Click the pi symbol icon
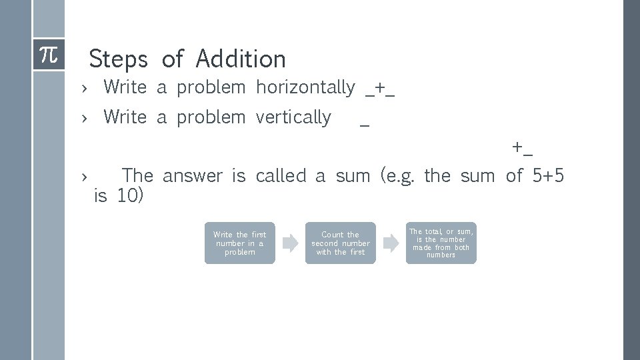point(49,54)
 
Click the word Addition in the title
point(241,59)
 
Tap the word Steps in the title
point(118,59)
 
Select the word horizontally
point(305,87)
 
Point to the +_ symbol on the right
point(523,147)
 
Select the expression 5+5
point(549,176)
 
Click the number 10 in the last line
point(129,196)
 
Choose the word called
point(281,176)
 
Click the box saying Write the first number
point(239,243)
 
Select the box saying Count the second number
point(340,243)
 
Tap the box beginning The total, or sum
point(441,243)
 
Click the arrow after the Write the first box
point(290,243)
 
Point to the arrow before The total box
point(391,243)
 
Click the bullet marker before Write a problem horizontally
point(84,88)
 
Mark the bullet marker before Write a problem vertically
point(84,118)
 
